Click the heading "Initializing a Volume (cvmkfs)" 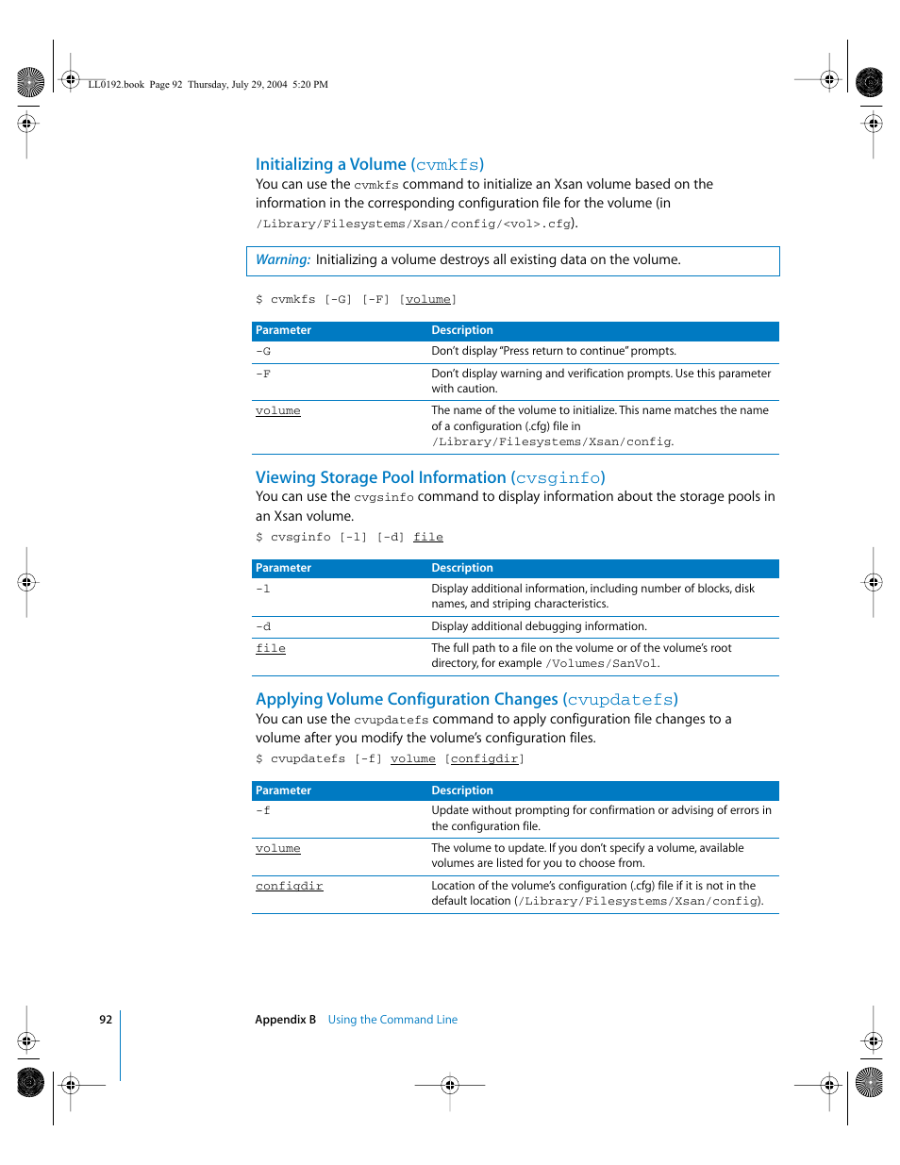[x=369, y=164]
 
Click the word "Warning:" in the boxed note [x=282, y=259]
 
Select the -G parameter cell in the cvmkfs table [x=263, y=351]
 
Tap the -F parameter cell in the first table [x=263, y=374]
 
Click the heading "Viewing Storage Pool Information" [x=429, y=477]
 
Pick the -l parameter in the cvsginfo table [x=263, y=589]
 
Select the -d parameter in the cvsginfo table [x=263, y=626]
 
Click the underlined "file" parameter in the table [x=271, y=648]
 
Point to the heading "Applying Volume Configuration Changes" [x=466, y=699]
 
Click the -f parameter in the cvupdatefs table [x=263, y=810]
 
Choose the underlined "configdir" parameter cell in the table [x=289, y=886]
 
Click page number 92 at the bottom [x=106, y=1020]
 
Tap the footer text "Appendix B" [x=285, y=1020]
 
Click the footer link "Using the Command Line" [x=392, y=1020]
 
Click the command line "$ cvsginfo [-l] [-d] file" [x=349, y=537]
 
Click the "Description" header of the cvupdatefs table [x=462, y=791]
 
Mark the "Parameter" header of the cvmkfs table [x=283, y=330]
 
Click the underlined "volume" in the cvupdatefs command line [x=413, y=758]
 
